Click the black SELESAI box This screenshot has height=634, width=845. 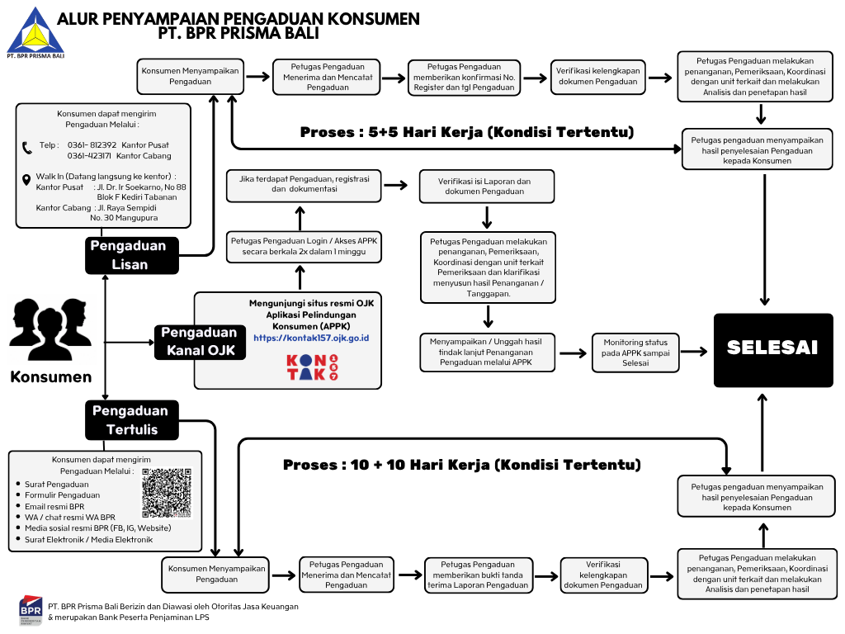pyautogui.click(x=773, y=350)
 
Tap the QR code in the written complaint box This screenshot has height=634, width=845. pyautogui.click(x=167, y=493)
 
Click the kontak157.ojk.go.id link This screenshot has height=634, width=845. pyautogui.click(x=311, y=338)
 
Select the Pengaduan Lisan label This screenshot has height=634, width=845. pyautogui.click(x=132, y=256)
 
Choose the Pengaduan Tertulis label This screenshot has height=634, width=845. pyautogui.click(x=132, y=420)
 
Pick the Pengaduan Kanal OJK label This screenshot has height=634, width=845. pyautogui.click(x=201, y=342)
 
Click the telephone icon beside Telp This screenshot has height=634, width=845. pyautogui.click(x=27, y=148)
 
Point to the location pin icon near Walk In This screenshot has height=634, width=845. pyautogui.click(x=26, y=180)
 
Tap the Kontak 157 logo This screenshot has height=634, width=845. pyautogui.click(x=312, y=367)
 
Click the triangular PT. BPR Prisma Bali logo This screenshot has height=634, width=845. pyautogui.click(x=35, y=31)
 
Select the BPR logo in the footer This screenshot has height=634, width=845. pyautogui.click(x=31, y=610)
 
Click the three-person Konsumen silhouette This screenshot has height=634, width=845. pyautogui.click(x=50, y=329)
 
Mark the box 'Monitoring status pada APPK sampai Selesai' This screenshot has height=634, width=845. pyautogui.click(x=635, y=352)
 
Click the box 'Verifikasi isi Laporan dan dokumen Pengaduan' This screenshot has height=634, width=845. pyautogui.click(x=487, y=187)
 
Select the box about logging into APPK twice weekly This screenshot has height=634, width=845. pyautogui.click(x=304, y=246)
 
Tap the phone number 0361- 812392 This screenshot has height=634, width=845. pyautogui.click(x=92, y=145)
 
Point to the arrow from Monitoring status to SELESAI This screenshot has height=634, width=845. pyautogui.click(x=694, y=352)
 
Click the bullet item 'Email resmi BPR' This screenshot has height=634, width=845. pyautogui.click(x=54, y=506)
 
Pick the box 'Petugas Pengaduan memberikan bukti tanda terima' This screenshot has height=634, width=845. pyautogui.click(x=478, y=575)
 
